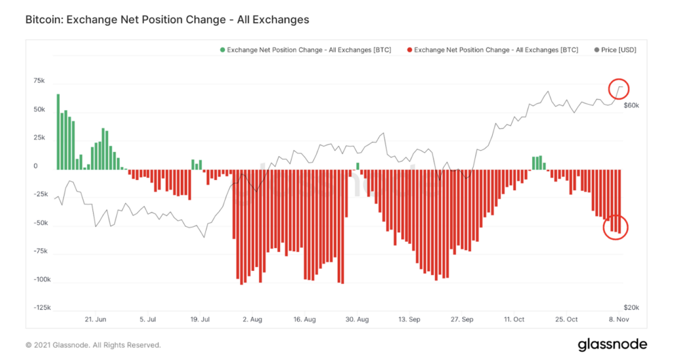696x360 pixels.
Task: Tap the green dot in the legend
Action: (x=222, y=50)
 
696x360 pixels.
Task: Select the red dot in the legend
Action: (x=408, y=50)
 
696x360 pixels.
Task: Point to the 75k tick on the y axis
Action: (x=39, y=81)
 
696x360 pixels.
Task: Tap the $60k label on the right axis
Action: (x=631, y=106)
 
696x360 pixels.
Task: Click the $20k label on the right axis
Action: (x=631, y=308)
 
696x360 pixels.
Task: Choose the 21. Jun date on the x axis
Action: (x=95, y=319)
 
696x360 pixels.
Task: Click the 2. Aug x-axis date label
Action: (x=251, y=319)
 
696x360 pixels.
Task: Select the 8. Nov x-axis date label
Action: (x=620, y=319)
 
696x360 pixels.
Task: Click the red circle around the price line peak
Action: (x=619, y=88)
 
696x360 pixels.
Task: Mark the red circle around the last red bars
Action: (x=615, y=228)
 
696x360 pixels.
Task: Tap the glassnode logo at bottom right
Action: (x=612, y=344)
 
